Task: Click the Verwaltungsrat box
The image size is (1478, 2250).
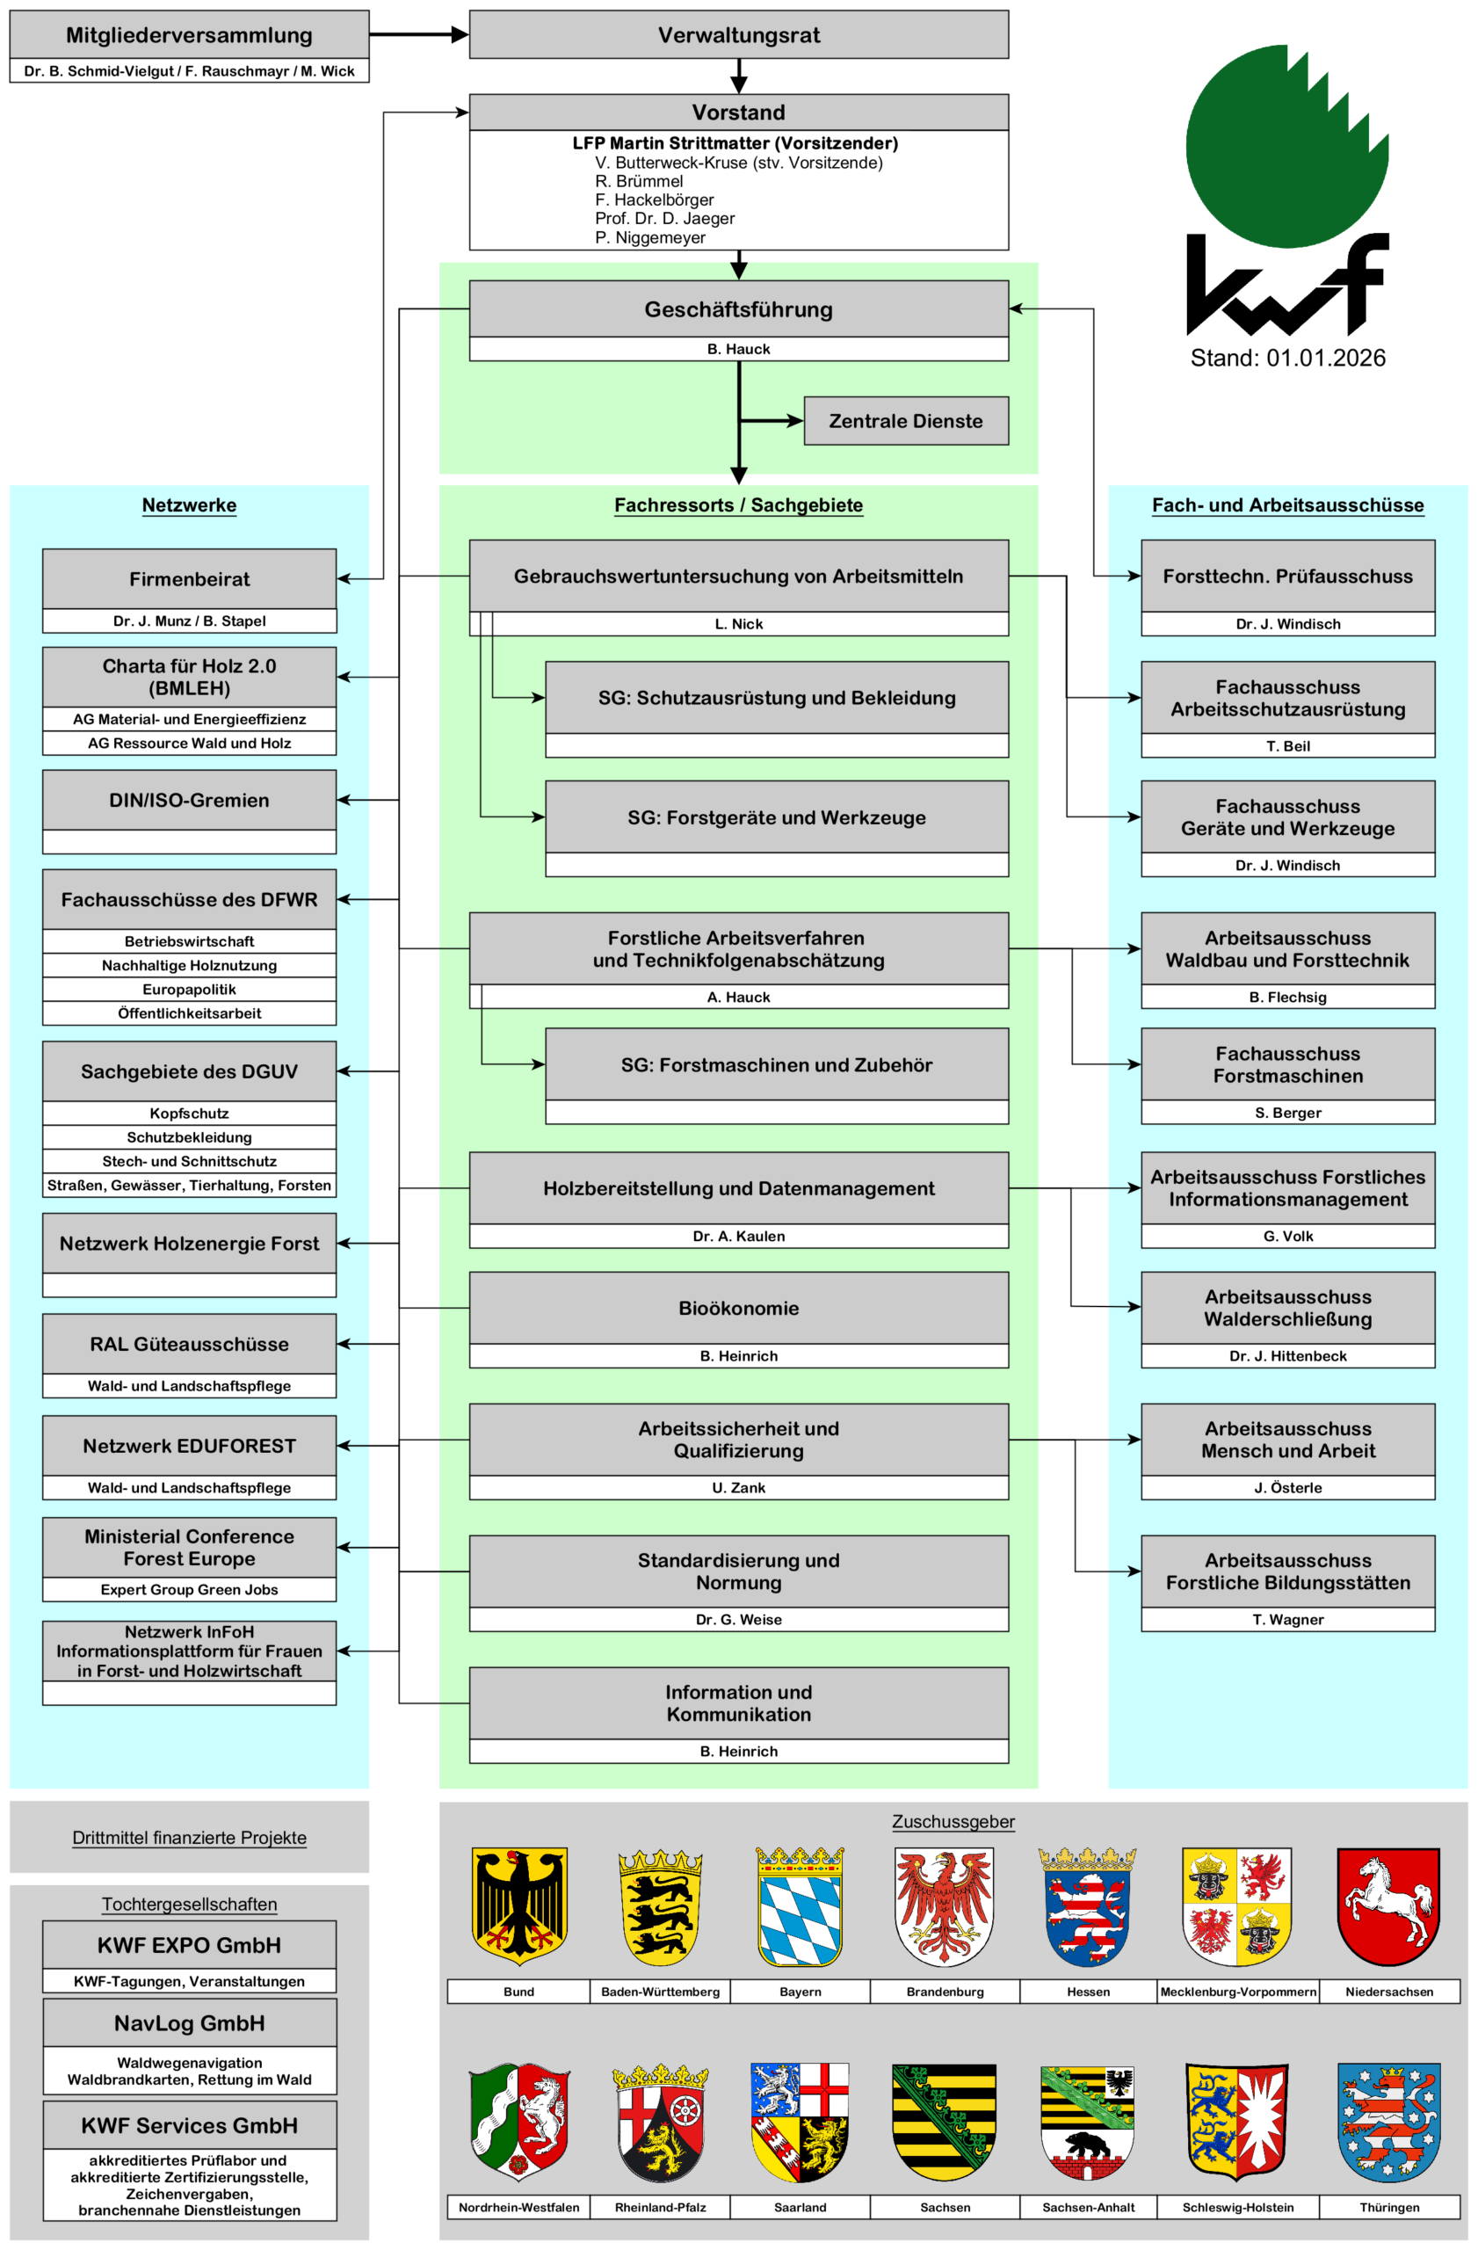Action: point(738,35)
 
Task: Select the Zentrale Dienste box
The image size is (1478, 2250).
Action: point(905,421)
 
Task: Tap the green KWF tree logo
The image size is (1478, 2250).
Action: point(1286,147)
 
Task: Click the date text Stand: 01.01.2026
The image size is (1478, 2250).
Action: point(1287,359)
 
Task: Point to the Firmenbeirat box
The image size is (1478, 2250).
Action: point(189,578)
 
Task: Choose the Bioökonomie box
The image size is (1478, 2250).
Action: point(738,1308)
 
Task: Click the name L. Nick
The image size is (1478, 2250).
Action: point(738,624)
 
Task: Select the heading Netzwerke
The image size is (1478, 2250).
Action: point(189,504)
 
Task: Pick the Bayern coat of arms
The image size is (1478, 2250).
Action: point(800,1907)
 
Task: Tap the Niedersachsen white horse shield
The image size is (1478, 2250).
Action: point(1388,1907)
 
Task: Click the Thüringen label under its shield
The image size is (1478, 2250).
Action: point(1388,2207)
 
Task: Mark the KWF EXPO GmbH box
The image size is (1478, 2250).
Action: point(189,1945)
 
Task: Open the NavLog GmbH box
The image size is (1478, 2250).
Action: point(189,2023)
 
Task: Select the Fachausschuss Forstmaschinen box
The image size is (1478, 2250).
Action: point(1287,1064)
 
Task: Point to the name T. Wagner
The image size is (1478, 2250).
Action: point(1287,1620)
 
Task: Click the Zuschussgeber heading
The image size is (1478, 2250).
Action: point(953,1822)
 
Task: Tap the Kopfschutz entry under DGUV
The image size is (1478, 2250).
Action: point(189,1114)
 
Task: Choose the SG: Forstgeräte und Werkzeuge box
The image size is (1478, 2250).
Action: point(776,817)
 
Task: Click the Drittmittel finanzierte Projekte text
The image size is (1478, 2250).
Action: point(189,1838)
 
